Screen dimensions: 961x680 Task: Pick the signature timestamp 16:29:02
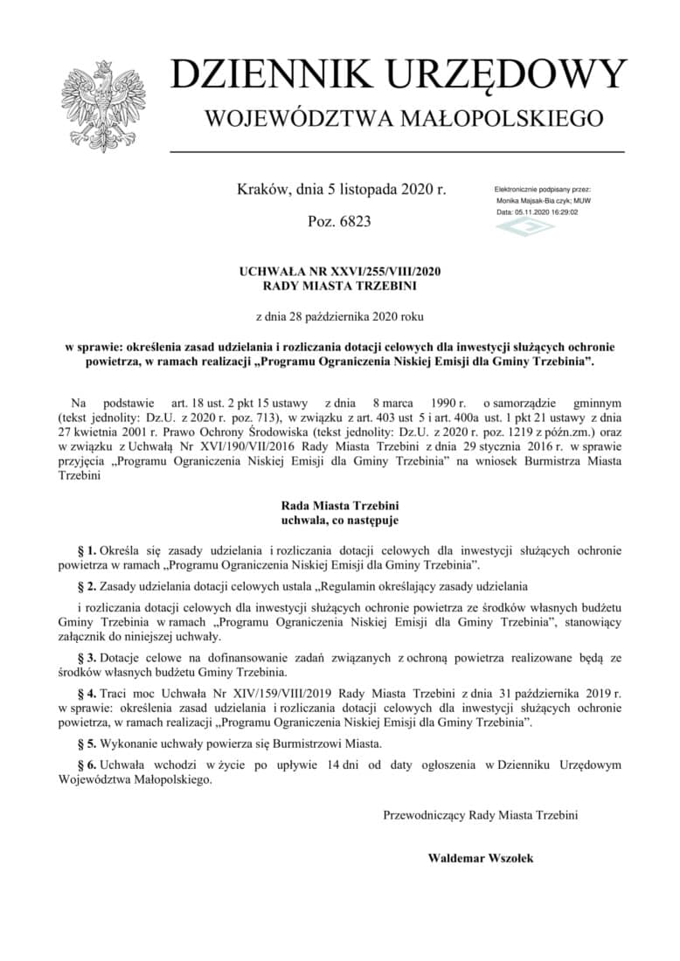561,211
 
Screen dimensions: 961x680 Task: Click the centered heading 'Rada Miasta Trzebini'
339,505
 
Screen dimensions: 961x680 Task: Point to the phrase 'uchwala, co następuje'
339,520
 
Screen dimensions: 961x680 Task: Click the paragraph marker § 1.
87,550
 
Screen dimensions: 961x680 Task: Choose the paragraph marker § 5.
87,744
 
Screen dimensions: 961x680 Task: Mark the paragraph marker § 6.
87,764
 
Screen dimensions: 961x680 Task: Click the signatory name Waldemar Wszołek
480,858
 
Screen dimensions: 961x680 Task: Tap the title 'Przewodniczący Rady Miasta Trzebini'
480,814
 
